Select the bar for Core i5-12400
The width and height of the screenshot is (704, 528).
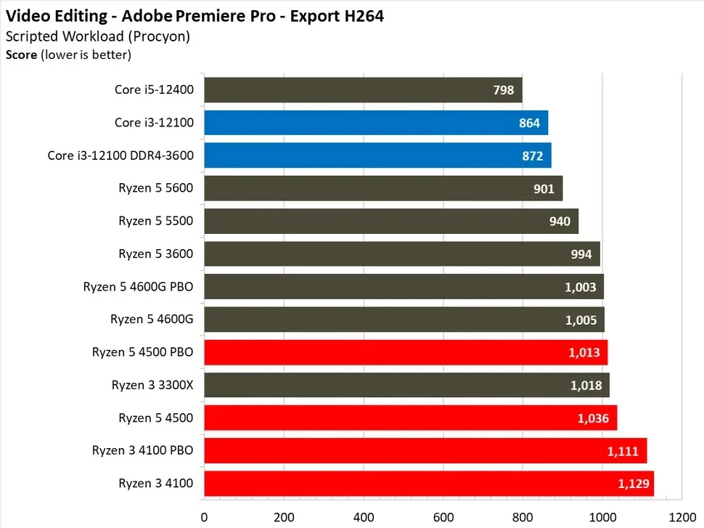tap(363, 90)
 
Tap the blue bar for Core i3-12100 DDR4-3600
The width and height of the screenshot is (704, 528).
tap(377, 155)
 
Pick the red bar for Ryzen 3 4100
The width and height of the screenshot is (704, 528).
tap(428, 483)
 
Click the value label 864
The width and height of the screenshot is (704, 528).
tap(529, 123)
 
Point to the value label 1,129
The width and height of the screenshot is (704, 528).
tap(632, 484)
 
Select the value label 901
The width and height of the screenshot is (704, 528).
tap(544, 189)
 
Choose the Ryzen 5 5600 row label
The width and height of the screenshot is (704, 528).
tap(156, 188)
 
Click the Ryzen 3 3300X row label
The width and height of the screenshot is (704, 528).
tap(152, 384)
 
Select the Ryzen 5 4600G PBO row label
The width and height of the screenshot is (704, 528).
tap(139, 286)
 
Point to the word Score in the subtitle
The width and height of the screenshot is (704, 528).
tap(20, 53)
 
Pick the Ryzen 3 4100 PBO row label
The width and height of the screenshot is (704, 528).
tap(143, 450)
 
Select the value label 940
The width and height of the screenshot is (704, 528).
tap(560, 222)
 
